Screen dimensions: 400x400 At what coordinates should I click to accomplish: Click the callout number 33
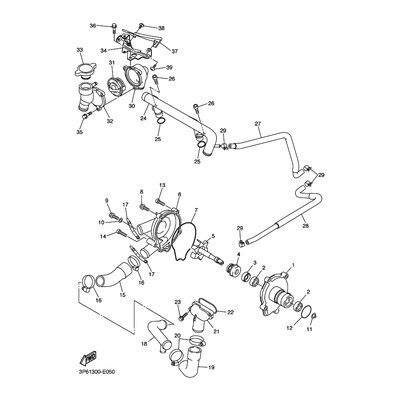point(79,48)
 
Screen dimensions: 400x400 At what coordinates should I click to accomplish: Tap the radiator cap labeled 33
point(81,72)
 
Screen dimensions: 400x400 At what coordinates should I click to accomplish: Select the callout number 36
point(92,24)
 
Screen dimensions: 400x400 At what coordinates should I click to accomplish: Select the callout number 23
point(176,301)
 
